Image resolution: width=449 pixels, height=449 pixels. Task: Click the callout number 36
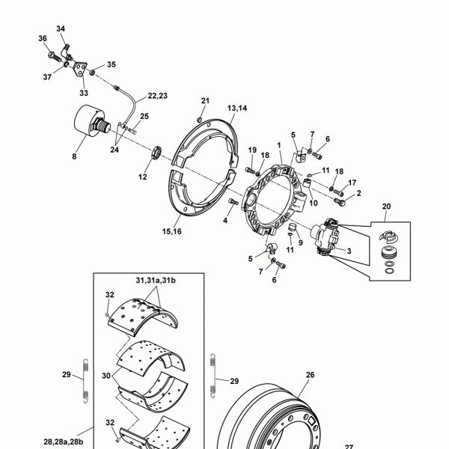click(x=43, y=38)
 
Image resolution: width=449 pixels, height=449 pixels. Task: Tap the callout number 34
click(x=61, y=28)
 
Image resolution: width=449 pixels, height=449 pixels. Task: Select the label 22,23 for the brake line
click(x=157, y=96)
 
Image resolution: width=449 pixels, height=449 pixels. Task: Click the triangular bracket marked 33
click(x=79, y=68)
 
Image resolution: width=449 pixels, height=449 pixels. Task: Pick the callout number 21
click(x=205, y=101)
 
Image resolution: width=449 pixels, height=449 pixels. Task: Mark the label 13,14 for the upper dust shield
click(x=237, y=109)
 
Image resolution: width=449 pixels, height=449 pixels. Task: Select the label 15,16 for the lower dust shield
click(x=172, y=231)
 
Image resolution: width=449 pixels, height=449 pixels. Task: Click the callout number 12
click(x=143, y=177)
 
